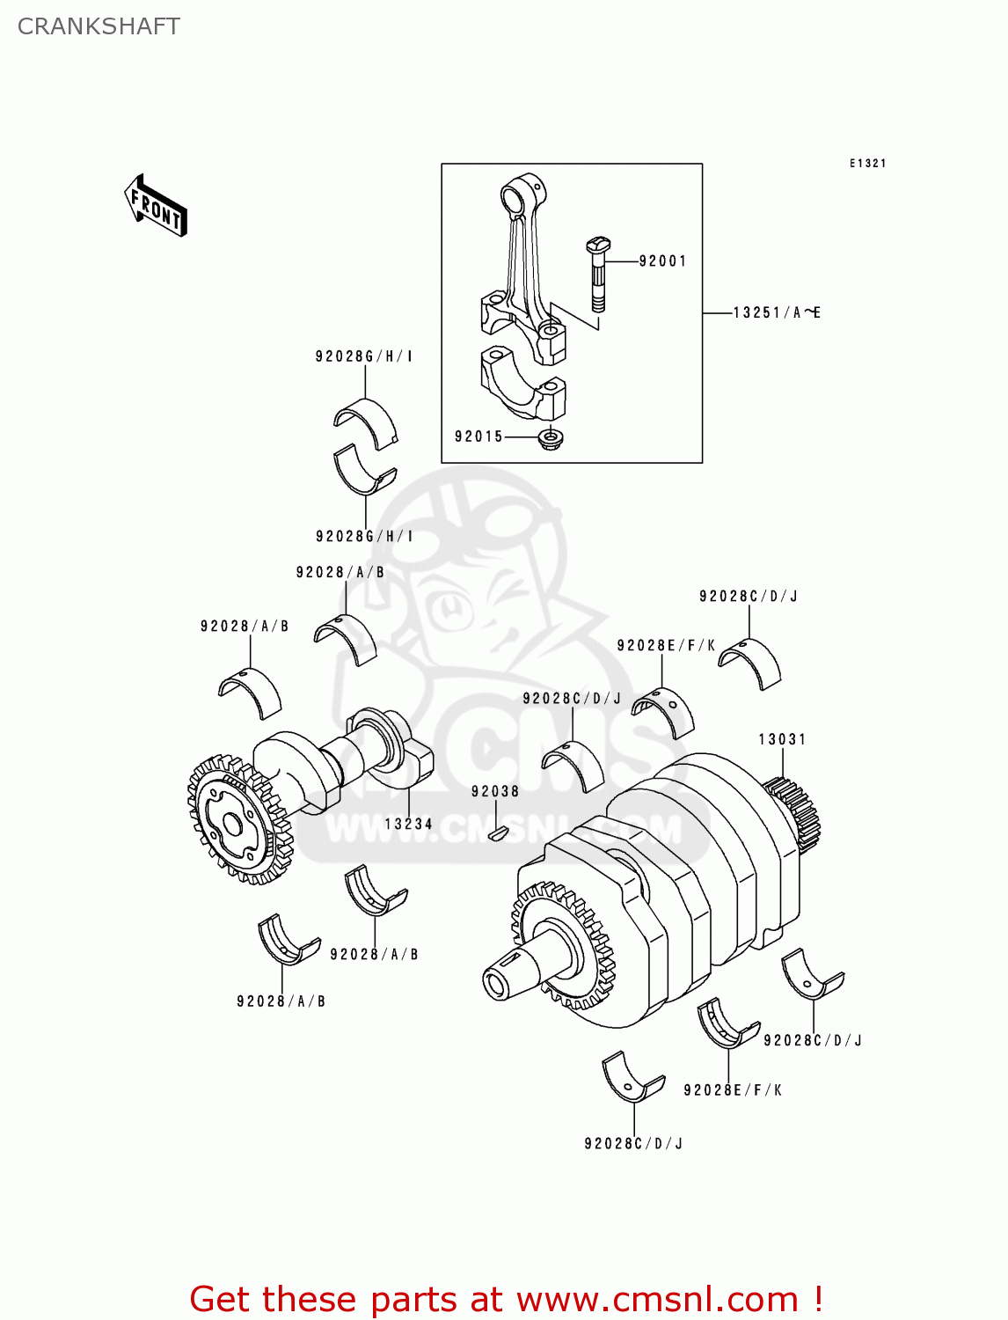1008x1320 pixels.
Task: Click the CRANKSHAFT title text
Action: (x=99, y=26)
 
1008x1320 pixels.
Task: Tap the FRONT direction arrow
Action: (x=156, y=206)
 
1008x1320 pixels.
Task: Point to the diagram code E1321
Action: (x=867, y=163)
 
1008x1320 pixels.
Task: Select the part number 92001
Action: (x=662, y=260)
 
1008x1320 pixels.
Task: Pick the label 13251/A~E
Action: (x=777, y=312)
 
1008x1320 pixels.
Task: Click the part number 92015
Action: (x=478, y=436)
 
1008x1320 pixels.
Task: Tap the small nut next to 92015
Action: (x=551, y=437)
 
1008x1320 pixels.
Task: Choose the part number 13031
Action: (x=782, y=739)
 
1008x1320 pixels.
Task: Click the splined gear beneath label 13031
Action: (x=793, y=810)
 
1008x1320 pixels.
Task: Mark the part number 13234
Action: (x=408, y=824)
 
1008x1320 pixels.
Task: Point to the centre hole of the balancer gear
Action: (x=232, y=825)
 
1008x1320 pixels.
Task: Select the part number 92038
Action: (x=494, y=791)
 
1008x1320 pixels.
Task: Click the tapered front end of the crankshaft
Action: (x=510, y=973)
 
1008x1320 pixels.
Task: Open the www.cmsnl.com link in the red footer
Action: (x=656, y=1299)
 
